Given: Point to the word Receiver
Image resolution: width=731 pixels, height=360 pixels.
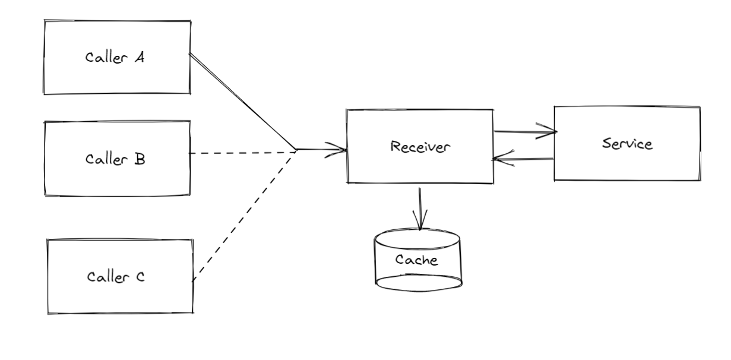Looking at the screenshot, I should click(x=419, y=147).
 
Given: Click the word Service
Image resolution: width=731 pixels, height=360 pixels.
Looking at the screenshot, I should click(x=626, y=144).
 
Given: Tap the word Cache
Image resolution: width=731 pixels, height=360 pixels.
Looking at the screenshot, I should click(x=417, y=260).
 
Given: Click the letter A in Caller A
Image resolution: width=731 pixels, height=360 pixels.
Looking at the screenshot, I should click(x=143, y=58).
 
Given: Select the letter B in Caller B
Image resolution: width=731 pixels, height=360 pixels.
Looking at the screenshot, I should click(x=141, y=159).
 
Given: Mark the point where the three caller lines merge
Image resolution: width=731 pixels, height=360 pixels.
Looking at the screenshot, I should click(x=296, y=150).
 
